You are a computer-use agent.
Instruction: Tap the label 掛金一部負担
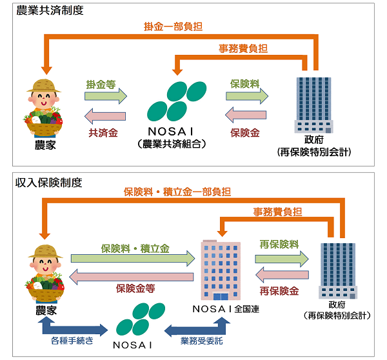click(172, 27)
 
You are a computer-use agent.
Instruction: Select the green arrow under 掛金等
click(106, 96)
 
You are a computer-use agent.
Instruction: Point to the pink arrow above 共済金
click(106, 117)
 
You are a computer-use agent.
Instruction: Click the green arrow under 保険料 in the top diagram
click(246, 96)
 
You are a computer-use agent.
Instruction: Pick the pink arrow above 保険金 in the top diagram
click(246, 116)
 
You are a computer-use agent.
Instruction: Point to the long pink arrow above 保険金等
click(132, 277)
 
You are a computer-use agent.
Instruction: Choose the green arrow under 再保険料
click(282, 259)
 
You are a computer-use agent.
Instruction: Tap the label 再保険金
click(279, 291)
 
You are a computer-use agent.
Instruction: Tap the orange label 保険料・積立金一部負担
click(177, 192)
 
